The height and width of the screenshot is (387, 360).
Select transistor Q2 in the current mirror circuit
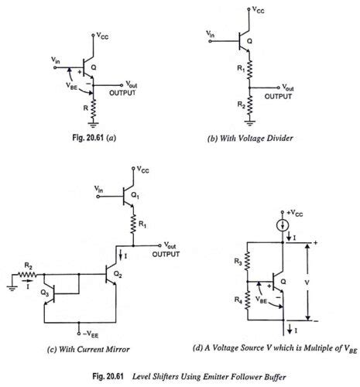tap(110, 276)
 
